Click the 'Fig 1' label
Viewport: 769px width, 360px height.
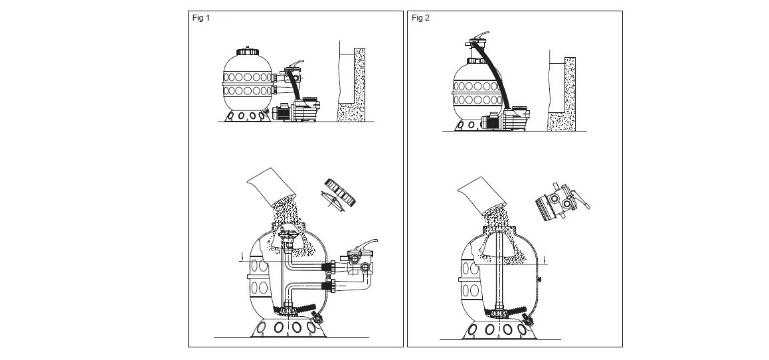pos(201,18)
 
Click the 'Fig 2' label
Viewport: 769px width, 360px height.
pos(420,18)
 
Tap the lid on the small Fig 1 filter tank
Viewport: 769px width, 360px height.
pos(248,51)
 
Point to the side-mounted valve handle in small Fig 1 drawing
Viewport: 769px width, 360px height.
pos(296,64)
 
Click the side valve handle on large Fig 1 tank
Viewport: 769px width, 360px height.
pos(367,244)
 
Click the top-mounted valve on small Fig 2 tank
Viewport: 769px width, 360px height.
pos(479,39)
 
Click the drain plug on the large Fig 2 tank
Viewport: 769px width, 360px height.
pos(528,319)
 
